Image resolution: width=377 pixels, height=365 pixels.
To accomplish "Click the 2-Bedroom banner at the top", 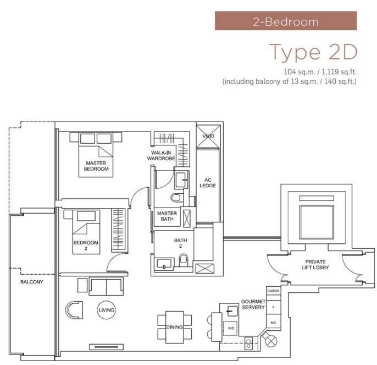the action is [x=286, y=21].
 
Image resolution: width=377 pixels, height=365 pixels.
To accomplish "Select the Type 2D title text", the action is [x=313, y=52].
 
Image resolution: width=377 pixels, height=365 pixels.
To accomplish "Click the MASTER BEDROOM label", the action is [x=96, y=166].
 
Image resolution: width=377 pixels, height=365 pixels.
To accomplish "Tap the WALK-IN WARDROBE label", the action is [x=161, y=155].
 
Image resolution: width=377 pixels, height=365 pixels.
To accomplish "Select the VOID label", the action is [x=208, y=136].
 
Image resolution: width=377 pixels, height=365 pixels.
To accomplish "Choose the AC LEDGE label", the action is [x=208, y=183].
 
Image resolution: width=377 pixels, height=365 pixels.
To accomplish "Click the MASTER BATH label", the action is [x=167, y=216].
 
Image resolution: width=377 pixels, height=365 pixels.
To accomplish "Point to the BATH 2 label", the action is [x=181, y=243].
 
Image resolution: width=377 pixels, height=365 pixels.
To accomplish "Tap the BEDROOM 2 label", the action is [x=86, y=246].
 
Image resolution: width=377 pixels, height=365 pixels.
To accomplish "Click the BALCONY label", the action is [x=32, y=282].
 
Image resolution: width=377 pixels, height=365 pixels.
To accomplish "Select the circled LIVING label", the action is [x=106, y=310].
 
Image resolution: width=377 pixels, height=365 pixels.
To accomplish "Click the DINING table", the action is [x=175, y=327].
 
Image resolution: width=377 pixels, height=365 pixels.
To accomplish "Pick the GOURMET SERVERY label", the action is [x=253, y=304].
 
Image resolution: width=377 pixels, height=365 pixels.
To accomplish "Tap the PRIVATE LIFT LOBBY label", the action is [x=315, y=264].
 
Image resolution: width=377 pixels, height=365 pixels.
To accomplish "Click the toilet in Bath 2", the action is [x=184, y=260].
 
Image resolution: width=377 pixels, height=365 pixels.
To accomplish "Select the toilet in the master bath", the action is [x=176, y=198].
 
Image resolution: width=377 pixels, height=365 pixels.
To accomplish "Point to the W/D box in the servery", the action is [x=230, y=328].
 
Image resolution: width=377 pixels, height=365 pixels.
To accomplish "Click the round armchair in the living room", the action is [x=74, y=310].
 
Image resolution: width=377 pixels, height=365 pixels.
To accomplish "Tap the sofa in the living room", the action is [x=106, y=286].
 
